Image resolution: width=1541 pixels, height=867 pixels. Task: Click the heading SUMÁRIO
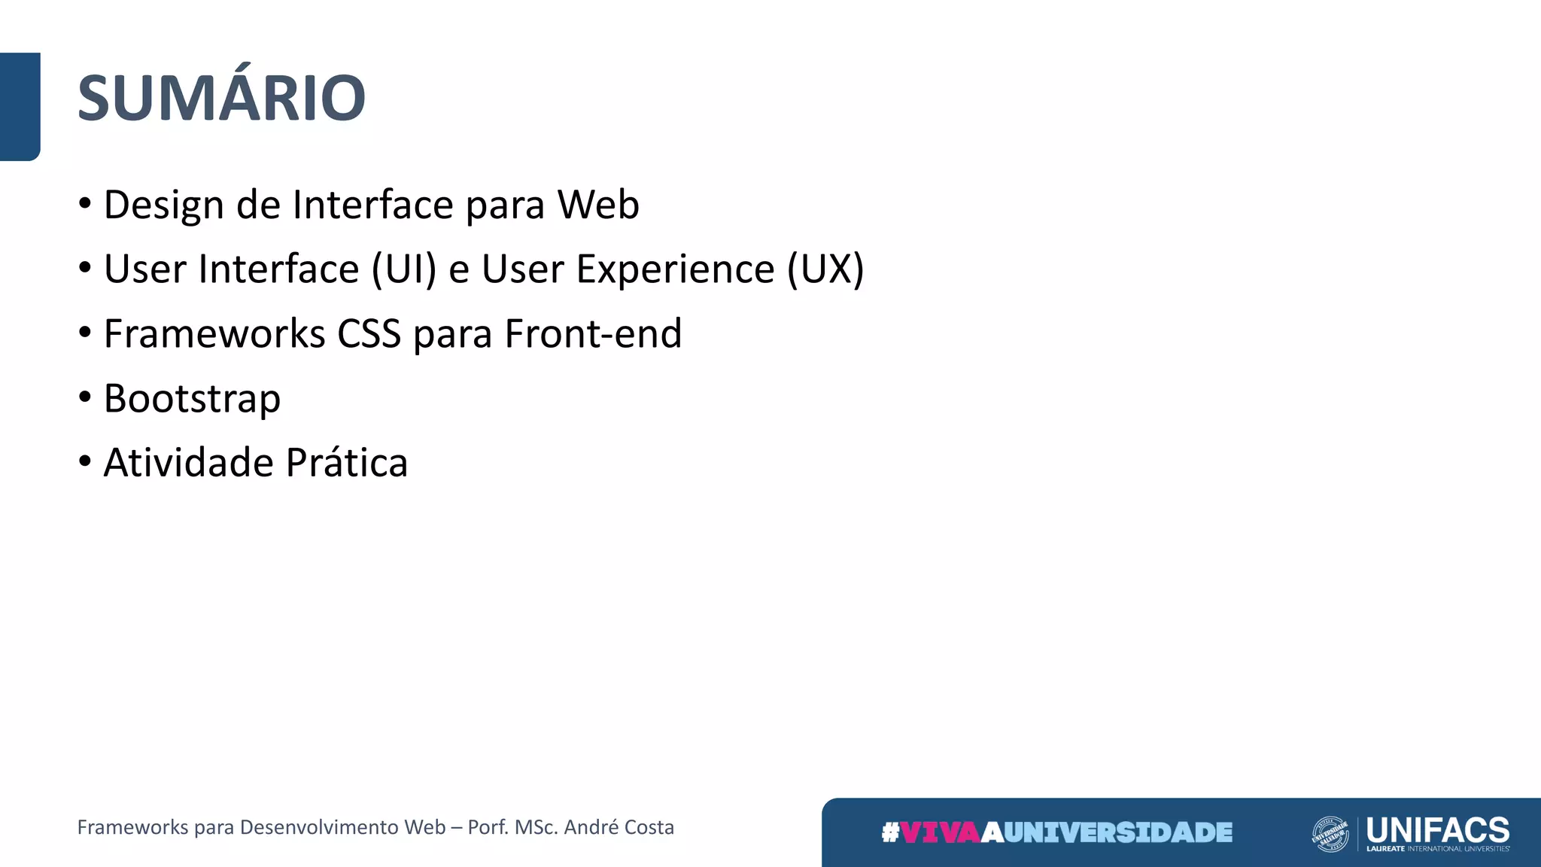pos(221,98)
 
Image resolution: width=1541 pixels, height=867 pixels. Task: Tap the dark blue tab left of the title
pos(20,106)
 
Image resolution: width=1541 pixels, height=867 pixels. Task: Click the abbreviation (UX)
pos(825,269)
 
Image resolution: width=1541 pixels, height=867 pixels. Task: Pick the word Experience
pos(675,269)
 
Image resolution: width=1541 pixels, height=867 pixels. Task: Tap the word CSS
pos(369,334)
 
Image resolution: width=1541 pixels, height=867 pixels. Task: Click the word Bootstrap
pos(192,399)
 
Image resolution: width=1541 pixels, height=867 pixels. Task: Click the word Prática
pos(347,463)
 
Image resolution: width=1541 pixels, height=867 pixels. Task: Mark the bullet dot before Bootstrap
pos(85,397)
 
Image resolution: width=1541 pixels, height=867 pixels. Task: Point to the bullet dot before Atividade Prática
pos(85,461)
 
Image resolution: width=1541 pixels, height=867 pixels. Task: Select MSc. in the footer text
pos(536,827)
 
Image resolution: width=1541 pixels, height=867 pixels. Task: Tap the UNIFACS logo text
pos(1438,830)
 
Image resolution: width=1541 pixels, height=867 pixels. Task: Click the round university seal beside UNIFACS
pos(1330,834)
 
